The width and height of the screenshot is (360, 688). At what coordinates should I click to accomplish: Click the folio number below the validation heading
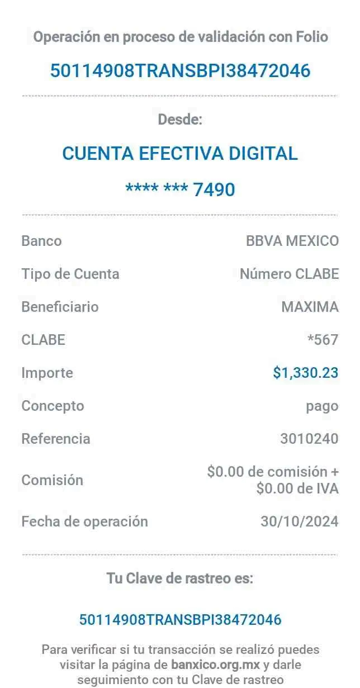coord(180,71)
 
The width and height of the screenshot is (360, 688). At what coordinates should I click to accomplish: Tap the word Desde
coord(181,120)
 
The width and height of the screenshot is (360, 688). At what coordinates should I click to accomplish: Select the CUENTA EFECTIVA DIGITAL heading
coord(180,153)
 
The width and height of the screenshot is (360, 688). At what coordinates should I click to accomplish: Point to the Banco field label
coord(41,241)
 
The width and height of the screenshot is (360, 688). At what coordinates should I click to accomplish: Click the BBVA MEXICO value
coord(292,241)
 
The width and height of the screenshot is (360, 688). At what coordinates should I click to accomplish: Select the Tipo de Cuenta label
coord(70,274)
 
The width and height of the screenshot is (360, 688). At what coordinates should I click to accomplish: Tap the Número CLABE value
coord(289,274)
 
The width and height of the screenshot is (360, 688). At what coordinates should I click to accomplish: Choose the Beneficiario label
coord(60,307)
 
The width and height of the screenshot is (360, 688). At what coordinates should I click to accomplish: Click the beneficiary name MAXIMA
coord(310,307)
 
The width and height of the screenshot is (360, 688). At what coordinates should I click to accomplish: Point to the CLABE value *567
coord(323,339)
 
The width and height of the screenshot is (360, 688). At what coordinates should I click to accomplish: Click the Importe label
coord(47,373)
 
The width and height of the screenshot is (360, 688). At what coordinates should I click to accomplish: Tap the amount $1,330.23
coord(305,373)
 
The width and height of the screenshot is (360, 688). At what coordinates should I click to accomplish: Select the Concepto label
coord(53,405)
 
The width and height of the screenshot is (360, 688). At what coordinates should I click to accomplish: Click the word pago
coord(322,406)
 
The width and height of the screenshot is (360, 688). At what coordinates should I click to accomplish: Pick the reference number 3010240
coord(309,439)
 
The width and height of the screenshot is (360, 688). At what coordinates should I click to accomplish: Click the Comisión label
coord(52,480)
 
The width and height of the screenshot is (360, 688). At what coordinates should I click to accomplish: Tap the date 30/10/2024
coord(300,521)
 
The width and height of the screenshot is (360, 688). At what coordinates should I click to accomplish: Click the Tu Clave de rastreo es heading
coord(181,579)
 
